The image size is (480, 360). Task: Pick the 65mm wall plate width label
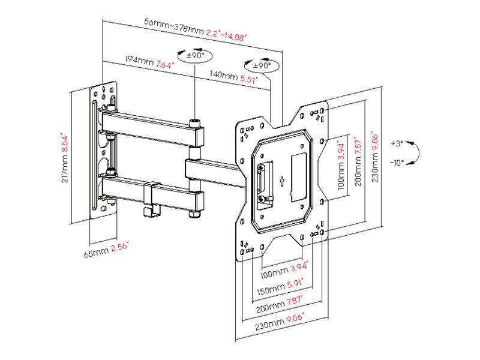click(96, 252)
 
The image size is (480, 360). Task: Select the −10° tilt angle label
click(397, 162)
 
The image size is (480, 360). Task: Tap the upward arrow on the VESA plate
click(281, 180)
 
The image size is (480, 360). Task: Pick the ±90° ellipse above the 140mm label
click(262, 65)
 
